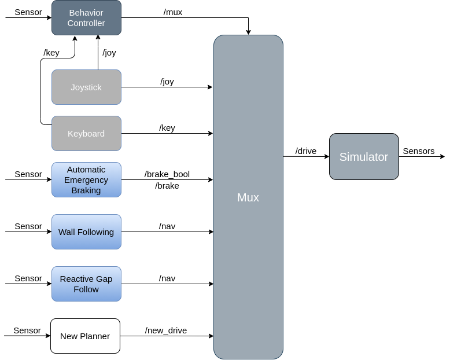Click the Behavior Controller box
coord(86,17)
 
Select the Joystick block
coord(86,87)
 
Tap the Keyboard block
coord(86,134)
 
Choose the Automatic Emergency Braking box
coord(86,179)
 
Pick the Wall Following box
coord(86,232)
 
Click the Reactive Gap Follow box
coord(86,284)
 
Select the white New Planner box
coord(85,336)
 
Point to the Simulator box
coord(364,157)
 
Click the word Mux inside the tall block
coord(248,197)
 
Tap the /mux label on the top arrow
coord(173,12)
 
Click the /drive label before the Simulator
coord(306,151)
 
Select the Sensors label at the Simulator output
coord(418,151)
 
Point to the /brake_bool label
coord(167,174)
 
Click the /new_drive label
coord(166,330)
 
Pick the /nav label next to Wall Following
coord(167,226)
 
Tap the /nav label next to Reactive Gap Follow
coord(167,278)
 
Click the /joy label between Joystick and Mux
coord(167,82)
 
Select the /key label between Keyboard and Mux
coord(167,128)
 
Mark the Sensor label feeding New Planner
coord(27,330)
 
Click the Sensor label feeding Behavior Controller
coord(28,12)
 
